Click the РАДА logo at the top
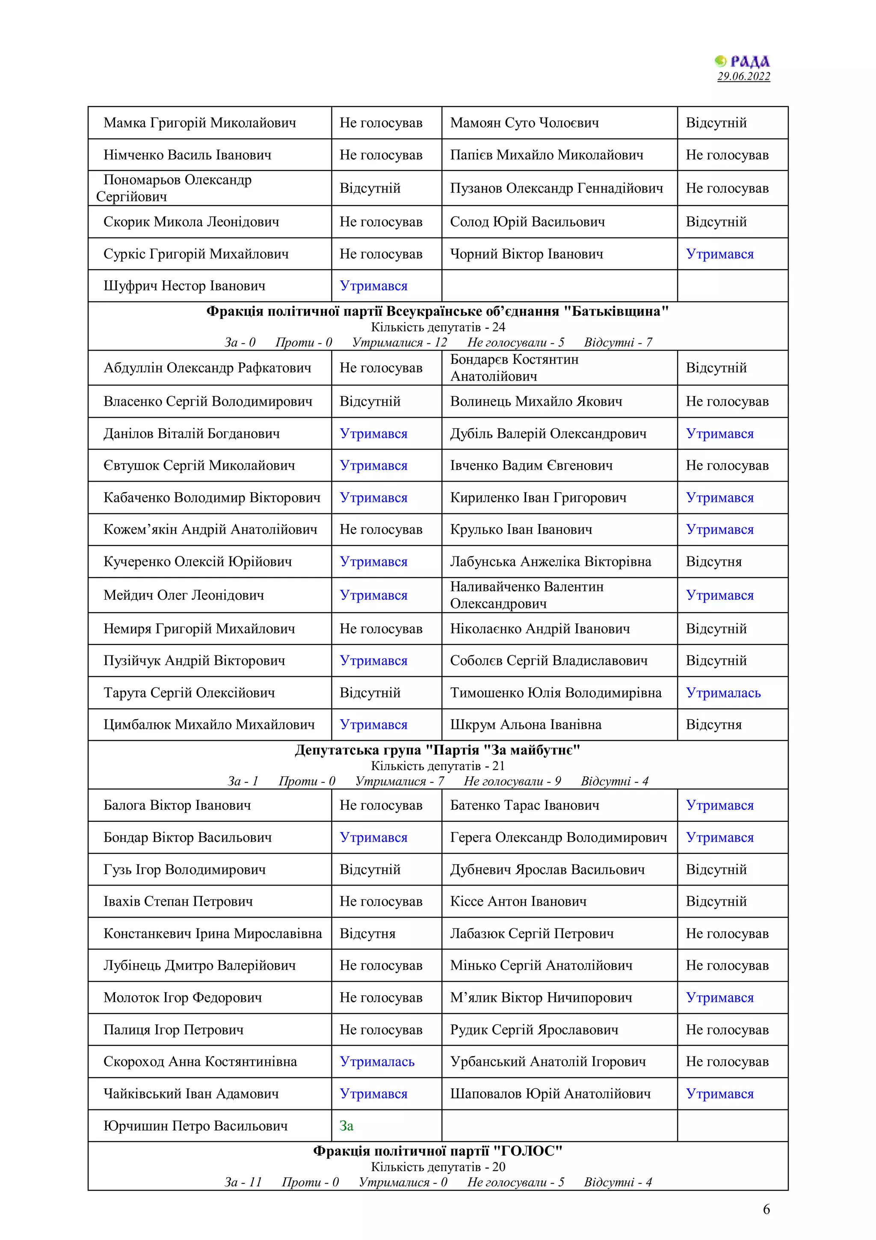click(x=743, y=61)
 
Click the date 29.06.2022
click(x=743, y=76)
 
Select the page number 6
click(x=766, y=1209)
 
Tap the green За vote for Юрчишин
click(x=346, y=1126)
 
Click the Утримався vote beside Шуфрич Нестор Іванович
click(x=373, y=285)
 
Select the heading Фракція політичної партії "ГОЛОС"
click(x=437, y=1151)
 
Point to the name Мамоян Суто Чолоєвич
click(x=524, y=122)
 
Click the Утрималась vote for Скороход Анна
click(x=377, y=1061)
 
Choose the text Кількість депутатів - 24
click(x=437, y=327)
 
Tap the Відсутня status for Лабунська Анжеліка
click(x=713, y=562)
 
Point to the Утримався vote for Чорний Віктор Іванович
click(x=719, y=254)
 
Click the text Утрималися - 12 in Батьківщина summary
click(x=400, y=342)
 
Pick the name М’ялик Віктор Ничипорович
click(x=541, y=997)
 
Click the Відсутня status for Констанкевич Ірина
click(x=367, y=933)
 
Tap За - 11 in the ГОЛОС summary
click(x=243, y=1182)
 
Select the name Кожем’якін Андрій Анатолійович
click(x=210, y=529)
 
